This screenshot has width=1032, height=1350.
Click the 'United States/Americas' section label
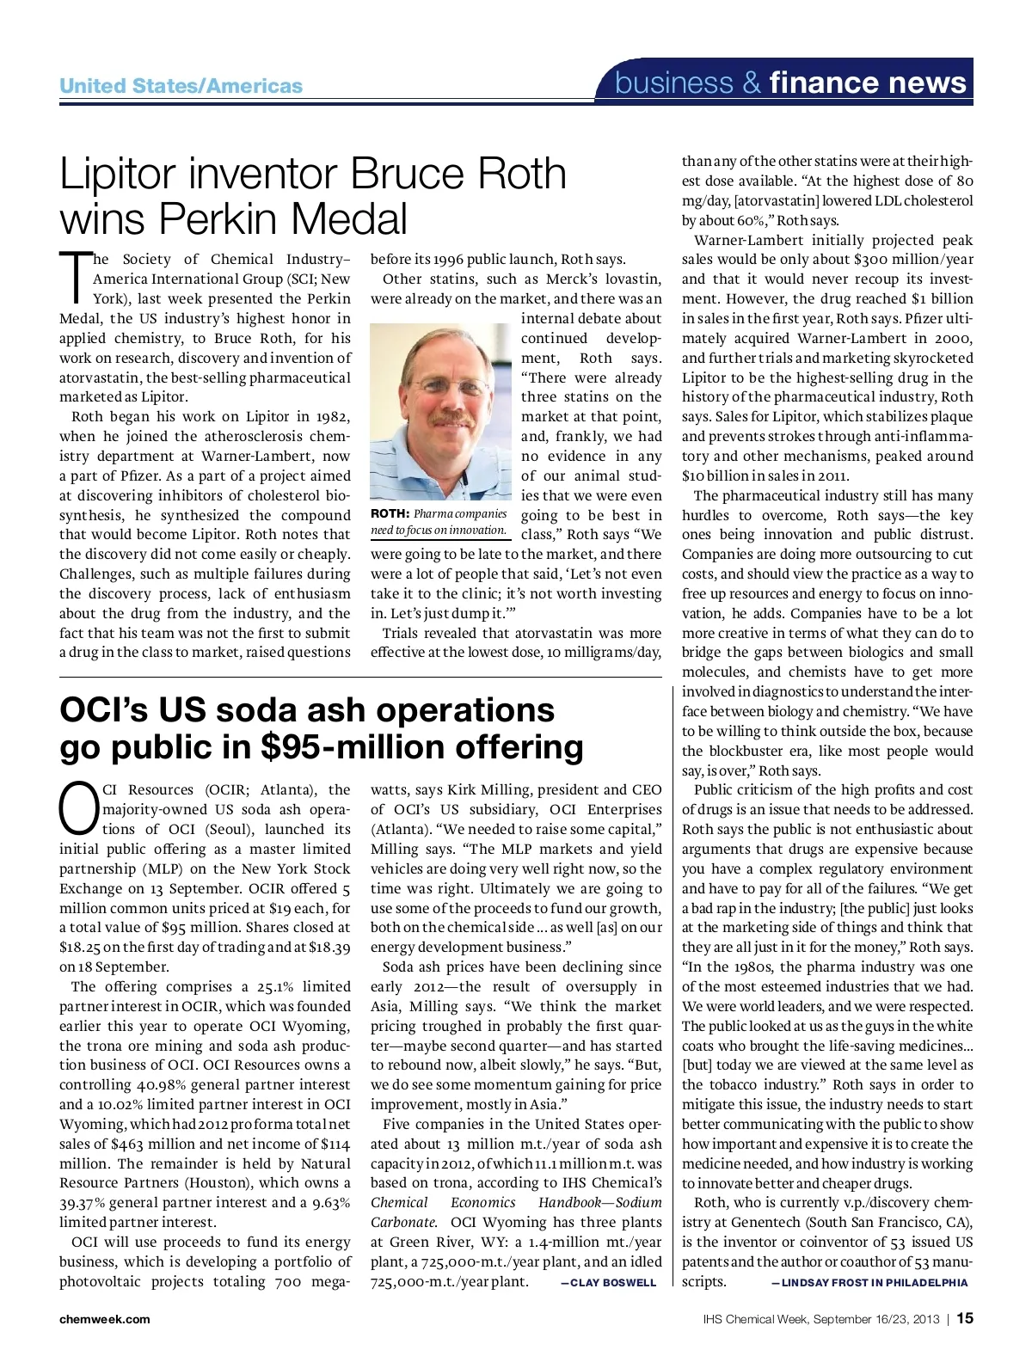tap(181, 85)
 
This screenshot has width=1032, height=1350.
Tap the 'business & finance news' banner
tap(790, 83)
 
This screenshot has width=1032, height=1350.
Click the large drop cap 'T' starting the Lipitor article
tap(75, 277)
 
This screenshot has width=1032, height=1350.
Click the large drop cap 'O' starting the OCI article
tap(78, 808)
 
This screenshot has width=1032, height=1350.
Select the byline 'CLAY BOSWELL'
tap(612, 1283)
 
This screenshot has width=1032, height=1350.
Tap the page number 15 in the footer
tap(964, 1318)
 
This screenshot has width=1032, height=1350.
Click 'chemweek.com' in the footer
tap(104, 1319)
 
